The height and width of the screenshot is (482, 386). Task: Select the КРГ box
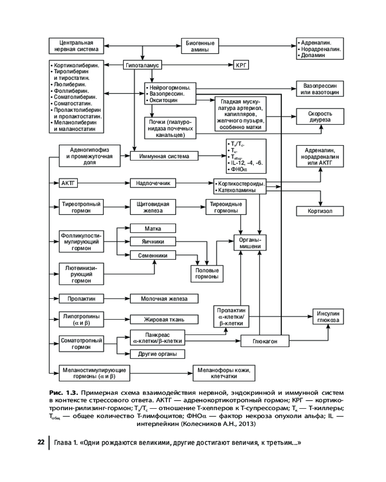pos(240,65)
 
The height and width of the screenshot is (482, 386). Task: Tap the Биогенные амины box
pos(200,46)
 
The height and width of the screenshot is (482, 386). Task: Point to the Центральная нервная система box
pos(76,46)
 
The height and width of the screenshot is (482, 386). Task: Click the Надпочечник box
pos(153,183)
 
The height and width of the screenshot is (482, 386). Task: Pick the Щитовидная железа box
pos(152,207)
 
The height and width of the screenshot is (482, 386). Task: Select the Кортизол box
pos(320,211)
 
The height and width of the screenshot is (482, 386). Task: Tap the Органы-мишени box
pos(250,242)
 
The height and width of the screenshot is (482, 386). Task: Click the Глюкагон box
pos(265,341)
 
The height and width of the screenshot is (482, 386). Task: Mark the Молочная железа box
pos(164,299)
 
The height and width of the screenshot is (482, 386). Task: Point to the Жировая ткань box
pos(164,319)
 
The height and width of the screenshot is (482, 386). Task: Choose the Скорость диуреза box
pos(320,116)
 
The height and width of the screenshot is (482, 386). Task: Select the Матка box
pos(152,228)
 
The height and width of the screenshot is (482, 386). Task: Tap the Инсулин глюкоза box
pos(328,316)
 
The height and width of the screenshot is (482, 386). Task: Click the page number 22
pos(41,443)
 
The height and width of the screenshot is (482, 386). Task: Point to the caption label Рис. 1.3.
pos(62,393)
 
